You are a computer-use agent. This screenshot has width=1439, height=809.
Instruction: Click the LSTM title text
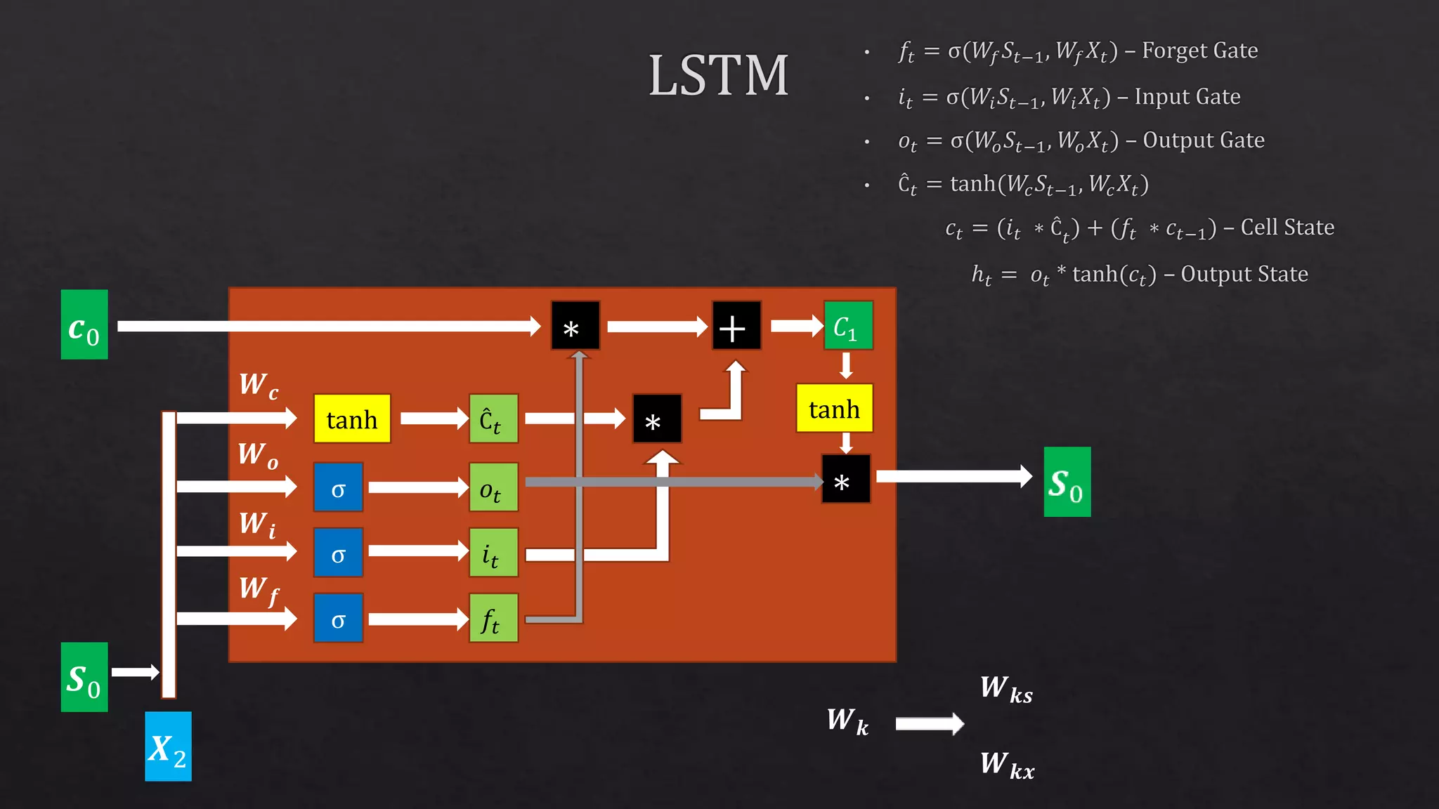tap(718, 76)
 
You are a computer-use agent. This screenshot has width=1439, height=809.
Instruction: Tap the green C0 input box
tap(84, 324)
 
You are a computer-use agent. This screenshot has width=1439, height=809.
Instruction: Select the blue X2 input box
tap(168, 746)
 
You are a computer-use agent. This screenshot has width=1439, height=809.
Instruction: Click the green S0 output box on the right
tap(1067, 482)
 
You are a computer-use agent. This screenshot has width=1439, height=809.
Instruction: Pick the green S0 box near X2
tap(84, 677)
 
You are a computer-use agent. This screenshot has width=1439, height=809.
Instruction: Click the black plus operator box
tap(736, 326)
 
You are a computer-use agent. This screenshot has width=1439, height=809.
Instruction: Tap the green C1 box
tap(848, 326)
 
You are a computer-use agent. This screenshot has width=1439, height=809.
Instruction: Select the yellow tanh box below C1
tap(834, 408)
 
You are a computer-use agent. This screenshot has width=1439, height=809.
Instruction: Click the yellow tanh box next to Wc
tap(352, 419)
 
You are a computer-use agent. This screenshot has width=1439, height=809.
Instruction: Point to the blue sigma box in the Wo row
tap(338, 487)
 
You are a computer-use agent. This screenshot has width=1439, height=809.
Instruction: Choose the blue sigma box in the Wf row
tap(338, 618)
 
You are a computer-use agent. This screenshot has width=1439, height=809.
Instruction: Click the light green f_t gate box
tap(493, 618)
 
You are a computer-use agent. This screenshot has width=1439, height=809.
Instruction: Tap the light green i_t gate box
tap(493, 553)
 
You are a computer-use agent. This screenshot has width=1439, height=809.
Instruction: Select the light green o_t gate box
tap(493, 487)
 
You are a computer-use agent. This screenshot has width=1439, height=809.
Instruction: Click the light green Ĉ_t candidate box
tap(493, 419)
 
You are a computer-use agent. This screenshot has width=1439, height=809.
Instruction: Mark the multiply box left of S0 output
tap(845, 479)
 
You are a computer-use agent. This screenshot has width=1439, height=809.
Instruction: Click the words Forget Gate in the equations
tap(1199, 51)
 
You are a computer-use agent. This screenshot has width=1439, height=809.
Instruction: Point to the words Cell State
tap(1287, 228)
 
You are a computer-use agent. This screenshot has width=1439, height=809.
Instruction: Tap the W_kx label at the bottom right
tap(1007, 764)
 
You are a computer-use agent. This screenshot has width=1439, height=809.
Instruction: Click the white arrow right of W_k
tap(929, 723)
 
